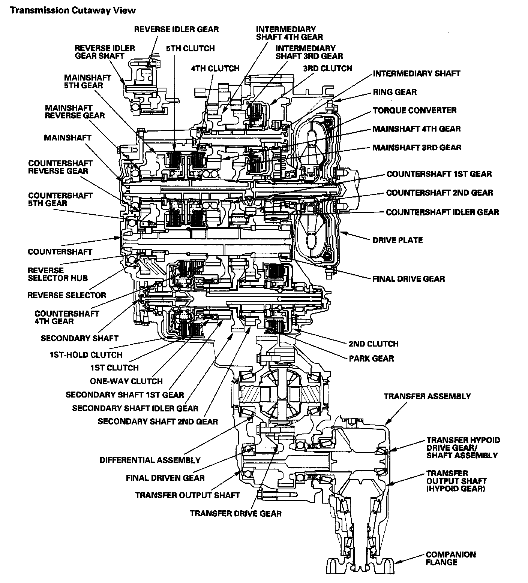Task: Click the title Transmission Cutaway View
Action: click(x=73, y=10)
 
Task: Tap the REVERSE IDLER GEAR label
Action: click(x=176, y=29)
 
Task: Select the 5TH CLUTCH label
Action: click(x=191, y=48)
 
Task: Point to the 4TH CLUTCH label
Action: click(x=215, y=68)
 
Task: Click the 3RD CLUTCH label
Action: click(x=328, y=68)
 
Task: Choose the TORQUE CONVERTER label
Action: click(x=414, y=110)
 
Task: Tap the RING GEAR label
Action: click(x=394, y=92)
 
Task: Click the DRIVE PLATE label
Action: click(x=397, y=240)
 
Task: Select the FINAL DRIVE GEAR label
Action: click(x=408, y=279)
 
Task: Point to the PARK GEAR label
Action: click(x=371, y=359)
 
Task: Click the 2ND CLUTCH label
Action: click(x=373, y=344)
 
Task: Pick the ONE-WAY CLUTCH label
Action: click(x=126, y=381)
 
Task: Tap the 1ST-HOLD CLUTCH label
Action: click(x=86, y=354)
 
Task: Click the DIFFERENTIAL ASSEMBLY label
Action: click(x=150, y=460)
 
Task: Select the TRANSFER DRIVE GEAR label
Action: click(x=235, y=513)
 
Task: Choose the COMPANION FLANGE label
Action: click(x=451, y=558)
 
